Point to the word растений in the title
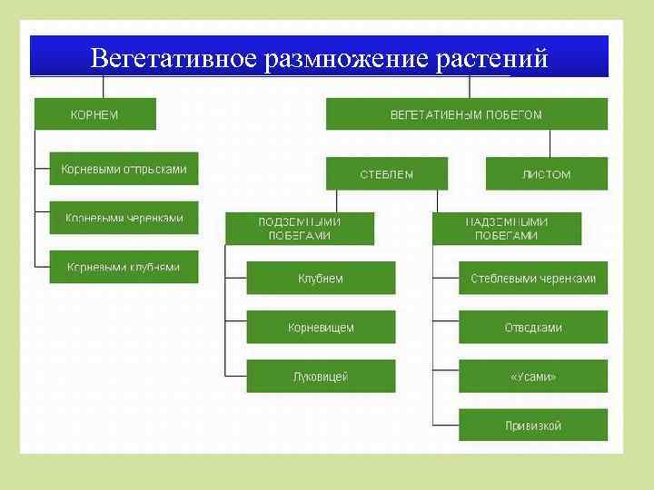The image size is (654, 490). coord(491,59)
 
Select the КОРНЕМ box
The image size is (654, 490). coord(95,114)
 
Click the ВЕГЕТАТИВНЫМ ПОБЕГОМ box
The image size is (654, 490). coord(466,114)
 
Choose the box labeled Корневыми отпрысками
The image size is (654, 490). coord(124,169)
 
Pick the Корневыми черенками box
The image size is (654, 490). coord(124,218)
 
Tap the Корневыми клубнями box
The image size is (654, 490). coord(124,267)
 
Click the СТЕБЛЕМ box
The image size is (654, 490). coord(387,173)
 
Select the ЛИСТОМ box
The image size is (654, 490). coord(546,173)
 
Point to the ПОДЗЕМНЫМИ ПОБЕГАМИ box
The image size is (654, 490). coord(300,228)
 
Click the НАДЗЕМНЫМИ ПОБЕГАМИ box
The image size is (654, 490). coord(506,228)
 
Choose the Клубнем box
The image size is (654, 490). coord(321,278)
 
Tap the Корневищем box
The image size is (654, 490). coord(321,327)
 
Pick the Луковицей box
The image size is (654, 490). coord(321,376)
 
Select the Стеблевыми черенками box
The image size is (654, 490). coord(533,278)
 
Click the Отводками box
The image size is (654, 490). coord(533,327)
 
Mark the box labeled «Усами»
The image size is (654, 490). coord(533,376)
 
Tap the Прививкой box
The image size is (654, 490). coord(533,425)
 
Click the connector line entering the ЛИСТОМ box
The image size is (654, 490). coord(550,145)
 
